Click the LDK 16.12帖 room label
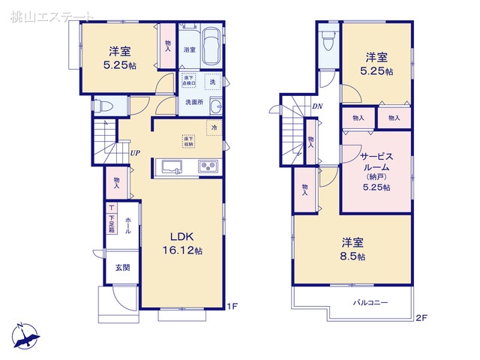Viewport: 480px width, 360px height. coord(182,242)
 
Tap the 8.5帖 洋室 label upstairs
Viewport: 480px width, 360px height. coord(352,249)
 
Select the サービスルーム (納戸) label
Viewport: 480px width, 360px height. coord(374,171)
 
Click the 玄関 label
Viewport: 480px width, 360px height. coord(122,268)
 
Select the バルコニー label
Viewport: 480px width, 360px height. coord(370,302)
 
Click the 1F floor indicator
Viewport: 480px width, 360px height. coord(233,306)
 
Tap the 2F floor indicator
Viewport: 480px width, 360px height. coord(421,318)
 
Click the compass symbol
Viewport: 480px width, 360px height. coord(27,336)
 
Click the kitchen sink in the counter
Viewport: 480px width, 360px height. coord(172,166)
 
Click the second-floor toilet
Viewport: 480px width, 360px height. coord(325,42)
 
